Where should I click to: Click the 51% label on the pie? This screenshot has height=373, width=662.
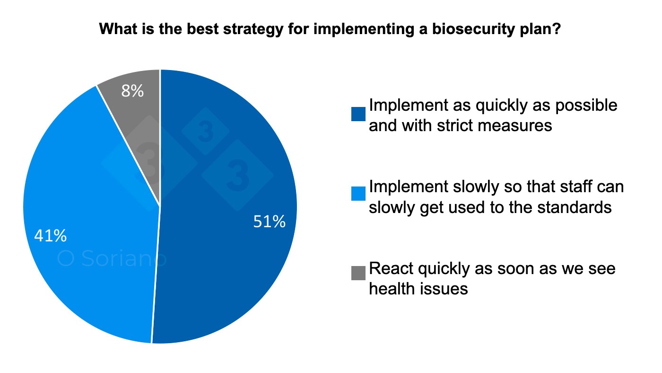(x=269, y=222)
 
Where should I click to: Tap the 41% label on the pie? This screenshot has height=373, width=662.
(x=51, y=235)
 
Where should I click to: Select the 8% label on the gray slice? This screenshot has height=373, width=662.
(x=132, y=91)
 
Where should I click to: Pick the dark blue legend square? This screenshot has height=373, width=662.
(x=358, y=114)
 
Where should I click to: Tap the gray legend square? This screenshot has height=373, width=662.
(x=358, y=273)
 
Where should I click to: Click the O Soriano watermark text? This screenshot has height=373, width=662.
(x=112, y=258)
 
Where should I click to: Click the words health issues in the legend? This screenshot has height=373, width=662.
(x=418, y=288)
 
